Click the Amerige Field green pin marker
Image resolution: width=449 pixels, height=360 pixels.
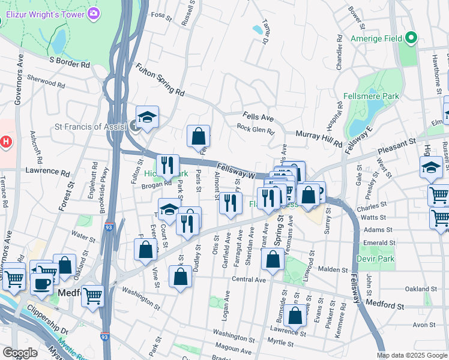coord(411,38)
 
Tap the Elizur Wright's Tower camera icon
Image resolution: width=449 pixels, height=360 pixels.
coord(94,13)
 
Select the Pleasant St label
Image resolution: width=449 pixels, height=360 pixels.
coord(397,146)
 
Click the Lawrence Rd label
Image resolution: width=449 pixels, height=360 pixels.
coord(49,171)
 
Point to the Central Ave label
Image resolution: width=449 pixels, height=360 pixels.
coord(249,280)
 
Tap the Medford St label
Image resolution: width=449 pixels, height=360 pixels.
coord(385,305)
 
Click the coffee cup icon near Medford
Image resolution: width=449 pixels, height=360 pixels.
coord(41,283)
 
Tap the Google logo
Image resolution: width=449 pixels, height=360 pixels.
coord(20,353)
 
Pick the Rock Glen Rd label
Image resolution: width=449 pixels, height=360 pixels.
coord(255,128)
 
